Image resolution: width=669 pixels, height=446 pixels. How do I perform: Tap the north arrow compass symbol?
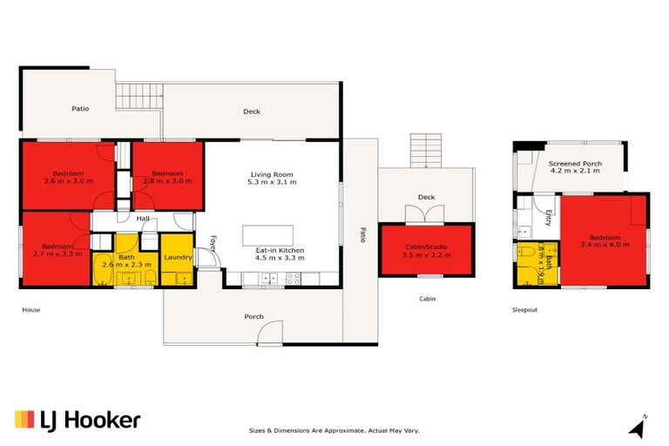tap(639, 427)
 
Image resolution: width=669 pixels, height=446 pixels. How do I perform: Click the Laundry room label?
tap(178, 257)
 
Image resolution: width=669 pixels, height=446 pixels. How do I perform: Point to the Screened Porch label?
tap(575, 168)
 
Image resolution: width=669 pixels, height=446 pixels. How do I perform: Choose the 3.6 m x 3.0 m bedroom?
tap(67, 176)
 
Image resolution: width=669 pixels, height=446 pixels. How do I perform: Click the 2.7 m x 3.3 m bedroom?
tap(56, 250)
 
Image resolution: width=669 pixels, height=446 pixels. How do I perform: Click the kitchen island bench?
tap(267, 234)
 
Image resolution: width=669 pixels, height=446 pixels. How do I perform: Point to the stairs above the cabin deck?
tap(426, 151)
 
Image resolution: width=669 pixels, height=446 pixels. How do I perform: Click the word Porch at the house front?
tap(253, 316)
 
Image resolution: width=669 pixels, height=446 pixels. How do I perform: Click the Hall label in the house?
tap(142, 219)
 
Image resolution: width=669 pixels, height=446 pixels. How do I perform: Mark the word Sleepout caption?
tap(526, 309)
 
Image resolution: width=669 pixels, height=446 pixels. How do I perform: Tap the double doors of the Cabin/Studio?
tap(426, 214)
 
